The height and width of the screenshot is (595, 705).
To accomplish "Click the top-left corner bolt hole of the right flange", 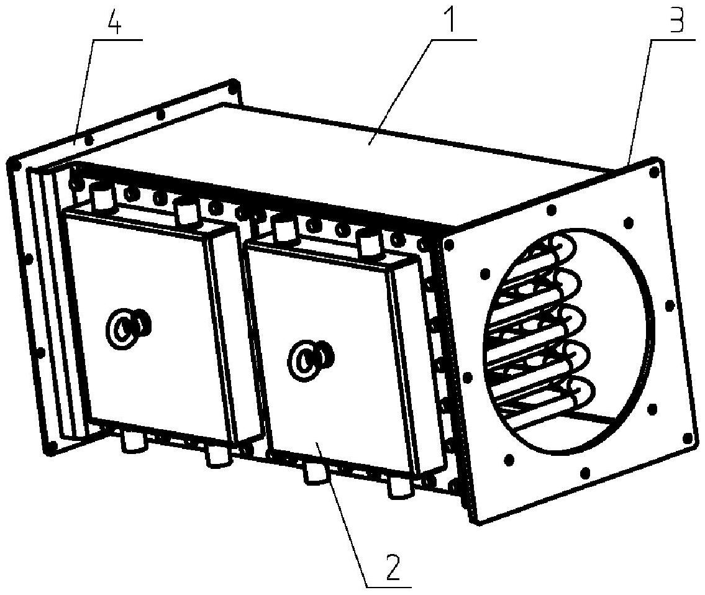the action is pos(449,245).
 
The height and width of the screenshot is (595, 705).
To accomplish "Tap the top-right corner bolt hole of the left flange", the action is pos(233,84).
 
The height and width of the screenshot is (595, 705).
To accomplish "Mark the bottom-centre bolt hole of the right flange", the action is pos(585,473).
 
